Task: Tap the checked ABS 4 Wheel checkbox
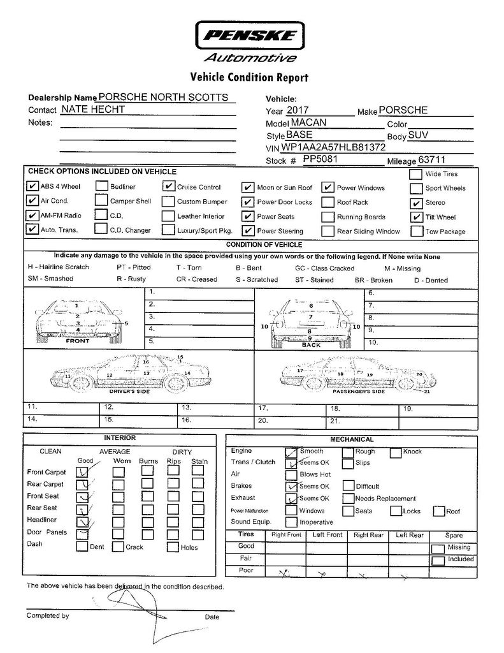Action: pos(32,187)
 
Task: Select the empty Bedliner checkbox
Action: pos(101,187)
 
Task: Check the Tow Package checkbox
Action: pos(415,231)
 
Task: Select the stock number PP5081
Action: pos(320,159)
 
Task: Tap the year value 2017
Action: pos(297,110)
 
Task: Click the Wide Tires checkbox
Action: pos(415,174)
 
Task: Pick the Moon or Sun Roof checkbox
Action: pos(248,187)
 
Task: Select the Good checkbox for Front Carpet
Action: pos(82,472)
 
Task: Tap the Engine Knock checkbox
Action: pos(396,452)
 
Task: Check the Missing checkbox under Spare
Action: pos(438,548)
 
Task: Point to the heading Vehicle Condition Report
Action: pos(250,78)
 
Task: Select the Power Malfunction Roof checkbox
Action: pos(438,511)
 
